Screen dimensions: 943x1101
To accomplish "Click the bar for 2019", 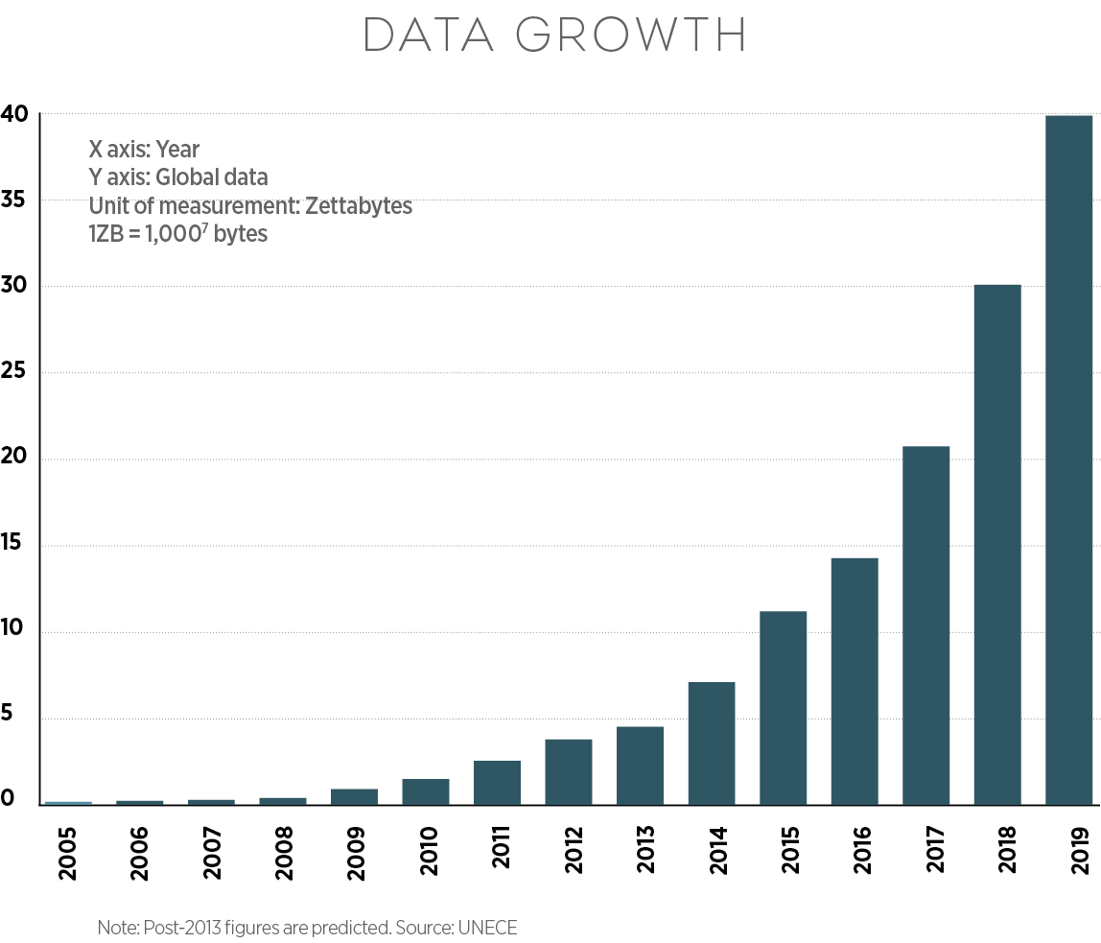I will (1068, 460).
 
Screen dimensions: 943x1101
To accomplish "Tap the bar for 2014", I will (712, 743).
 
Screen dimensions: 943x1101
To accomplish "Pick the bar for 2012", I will (569, 772).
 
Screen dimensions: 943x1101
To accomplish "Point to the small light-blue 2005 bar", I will (68, 803).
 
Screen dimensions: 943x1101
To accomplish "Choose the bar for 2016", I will (855, 681).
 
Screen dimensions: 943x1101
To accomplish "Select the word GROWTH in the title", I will (631, 35).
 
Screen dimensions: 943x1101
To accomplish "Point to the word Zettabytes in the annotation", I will (358, 206).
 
